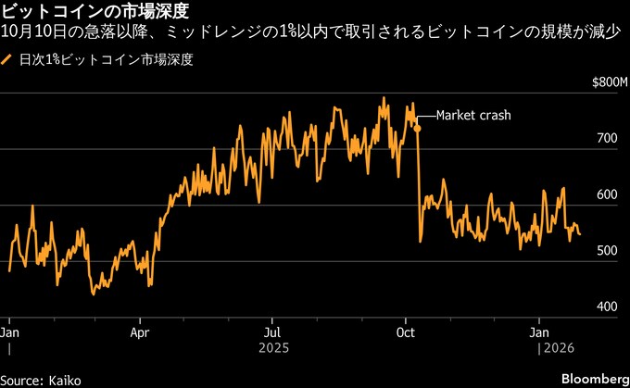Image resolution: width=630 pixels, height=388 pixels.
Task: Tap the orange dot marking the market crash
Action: [418, 128]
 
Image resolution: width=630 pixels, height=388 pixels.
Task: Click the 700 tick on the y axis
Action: [607, 138]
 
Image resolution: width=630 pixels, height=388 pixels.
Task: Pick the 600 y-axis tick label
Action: [607, 194]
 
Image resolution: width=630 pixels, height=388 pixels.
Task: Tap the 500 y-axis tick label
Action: [607, 251]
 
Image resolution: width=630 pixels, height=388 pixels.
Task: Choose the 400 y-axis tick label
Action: [607, 307]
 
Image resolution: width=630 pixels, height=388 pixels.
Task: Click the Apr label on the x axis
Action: [140, 331]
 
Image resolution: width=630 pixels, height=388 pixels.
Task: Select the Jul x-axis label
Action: [272, 331]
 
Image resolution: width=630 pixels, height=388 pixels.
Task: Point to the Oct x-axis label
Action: [406, 331]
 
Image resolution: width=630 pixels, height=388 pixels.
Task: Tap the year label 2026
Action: [557, 348]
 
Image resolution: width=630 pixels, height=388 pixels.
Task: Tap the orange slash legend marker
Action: [8, 61]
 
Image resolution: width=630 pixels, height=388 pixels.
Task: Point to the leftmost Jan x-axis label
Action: [9, 331]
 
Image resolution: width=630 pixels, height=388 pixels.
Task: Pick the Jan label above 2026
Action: [540, 331]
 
